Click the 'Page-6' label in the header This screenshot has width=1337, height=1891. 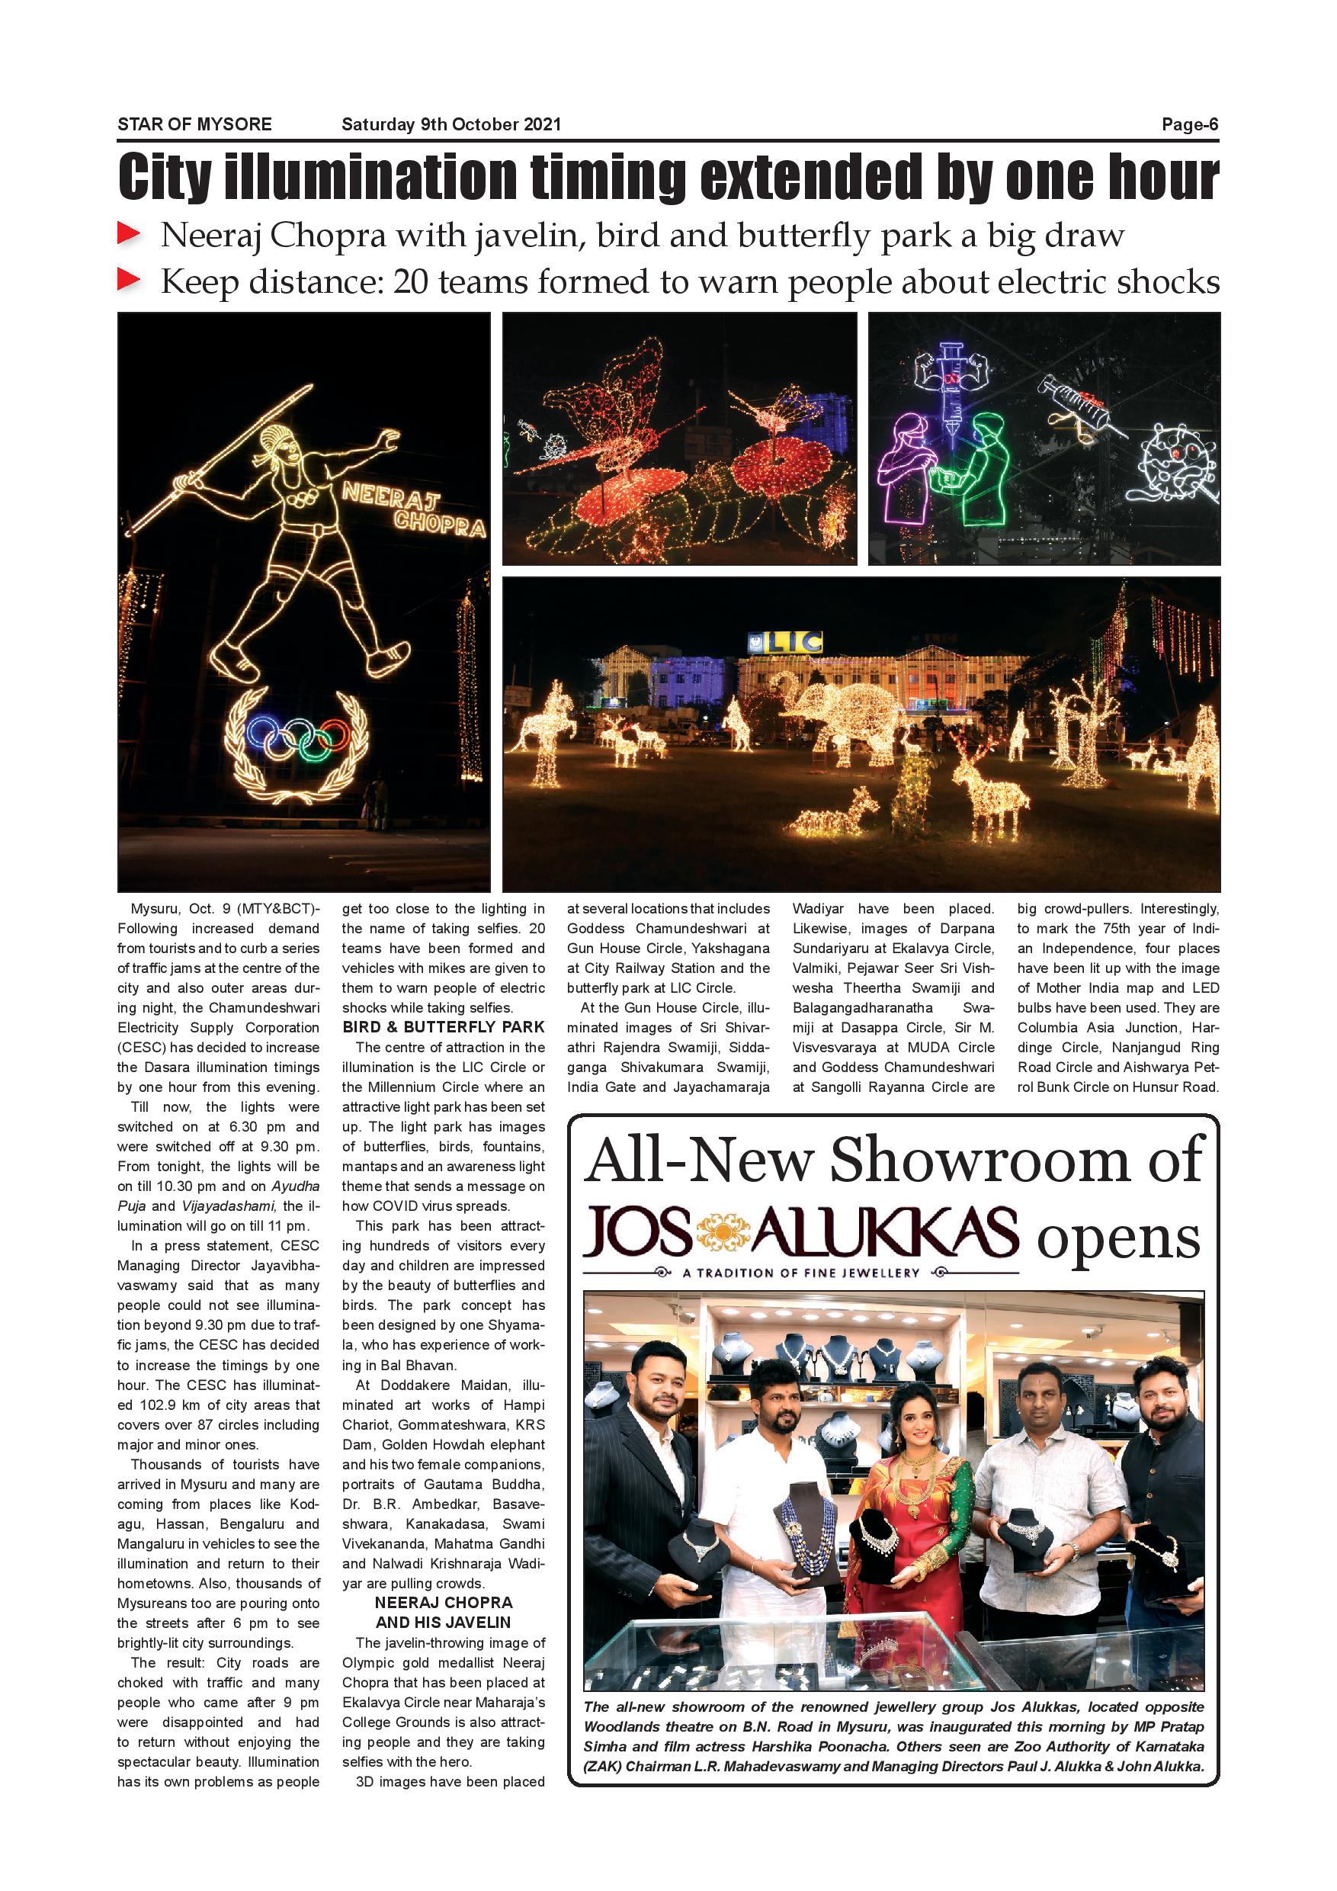1189,124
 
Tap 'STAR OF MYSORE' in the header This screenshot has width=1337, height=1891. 194,124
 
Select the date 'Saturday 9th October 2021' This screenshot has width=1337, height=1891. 451,124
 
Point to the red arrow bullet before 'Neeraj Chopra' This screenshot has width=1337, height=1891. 130,235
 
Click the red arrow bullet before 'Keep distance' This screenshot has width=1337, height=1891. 130,281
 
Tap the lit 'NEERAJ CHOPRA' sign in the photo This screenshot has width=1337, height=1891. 412,509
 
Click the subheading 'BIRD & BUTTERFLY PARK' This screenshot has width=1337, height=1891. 443,1027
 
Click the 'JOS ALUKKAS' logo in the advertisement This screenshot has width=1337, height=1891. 800,1235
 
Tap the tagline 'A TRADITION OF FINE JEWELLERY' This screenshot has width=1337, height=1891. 800,1273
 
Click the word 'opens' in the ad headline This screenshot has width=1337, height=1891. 1118,1237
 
